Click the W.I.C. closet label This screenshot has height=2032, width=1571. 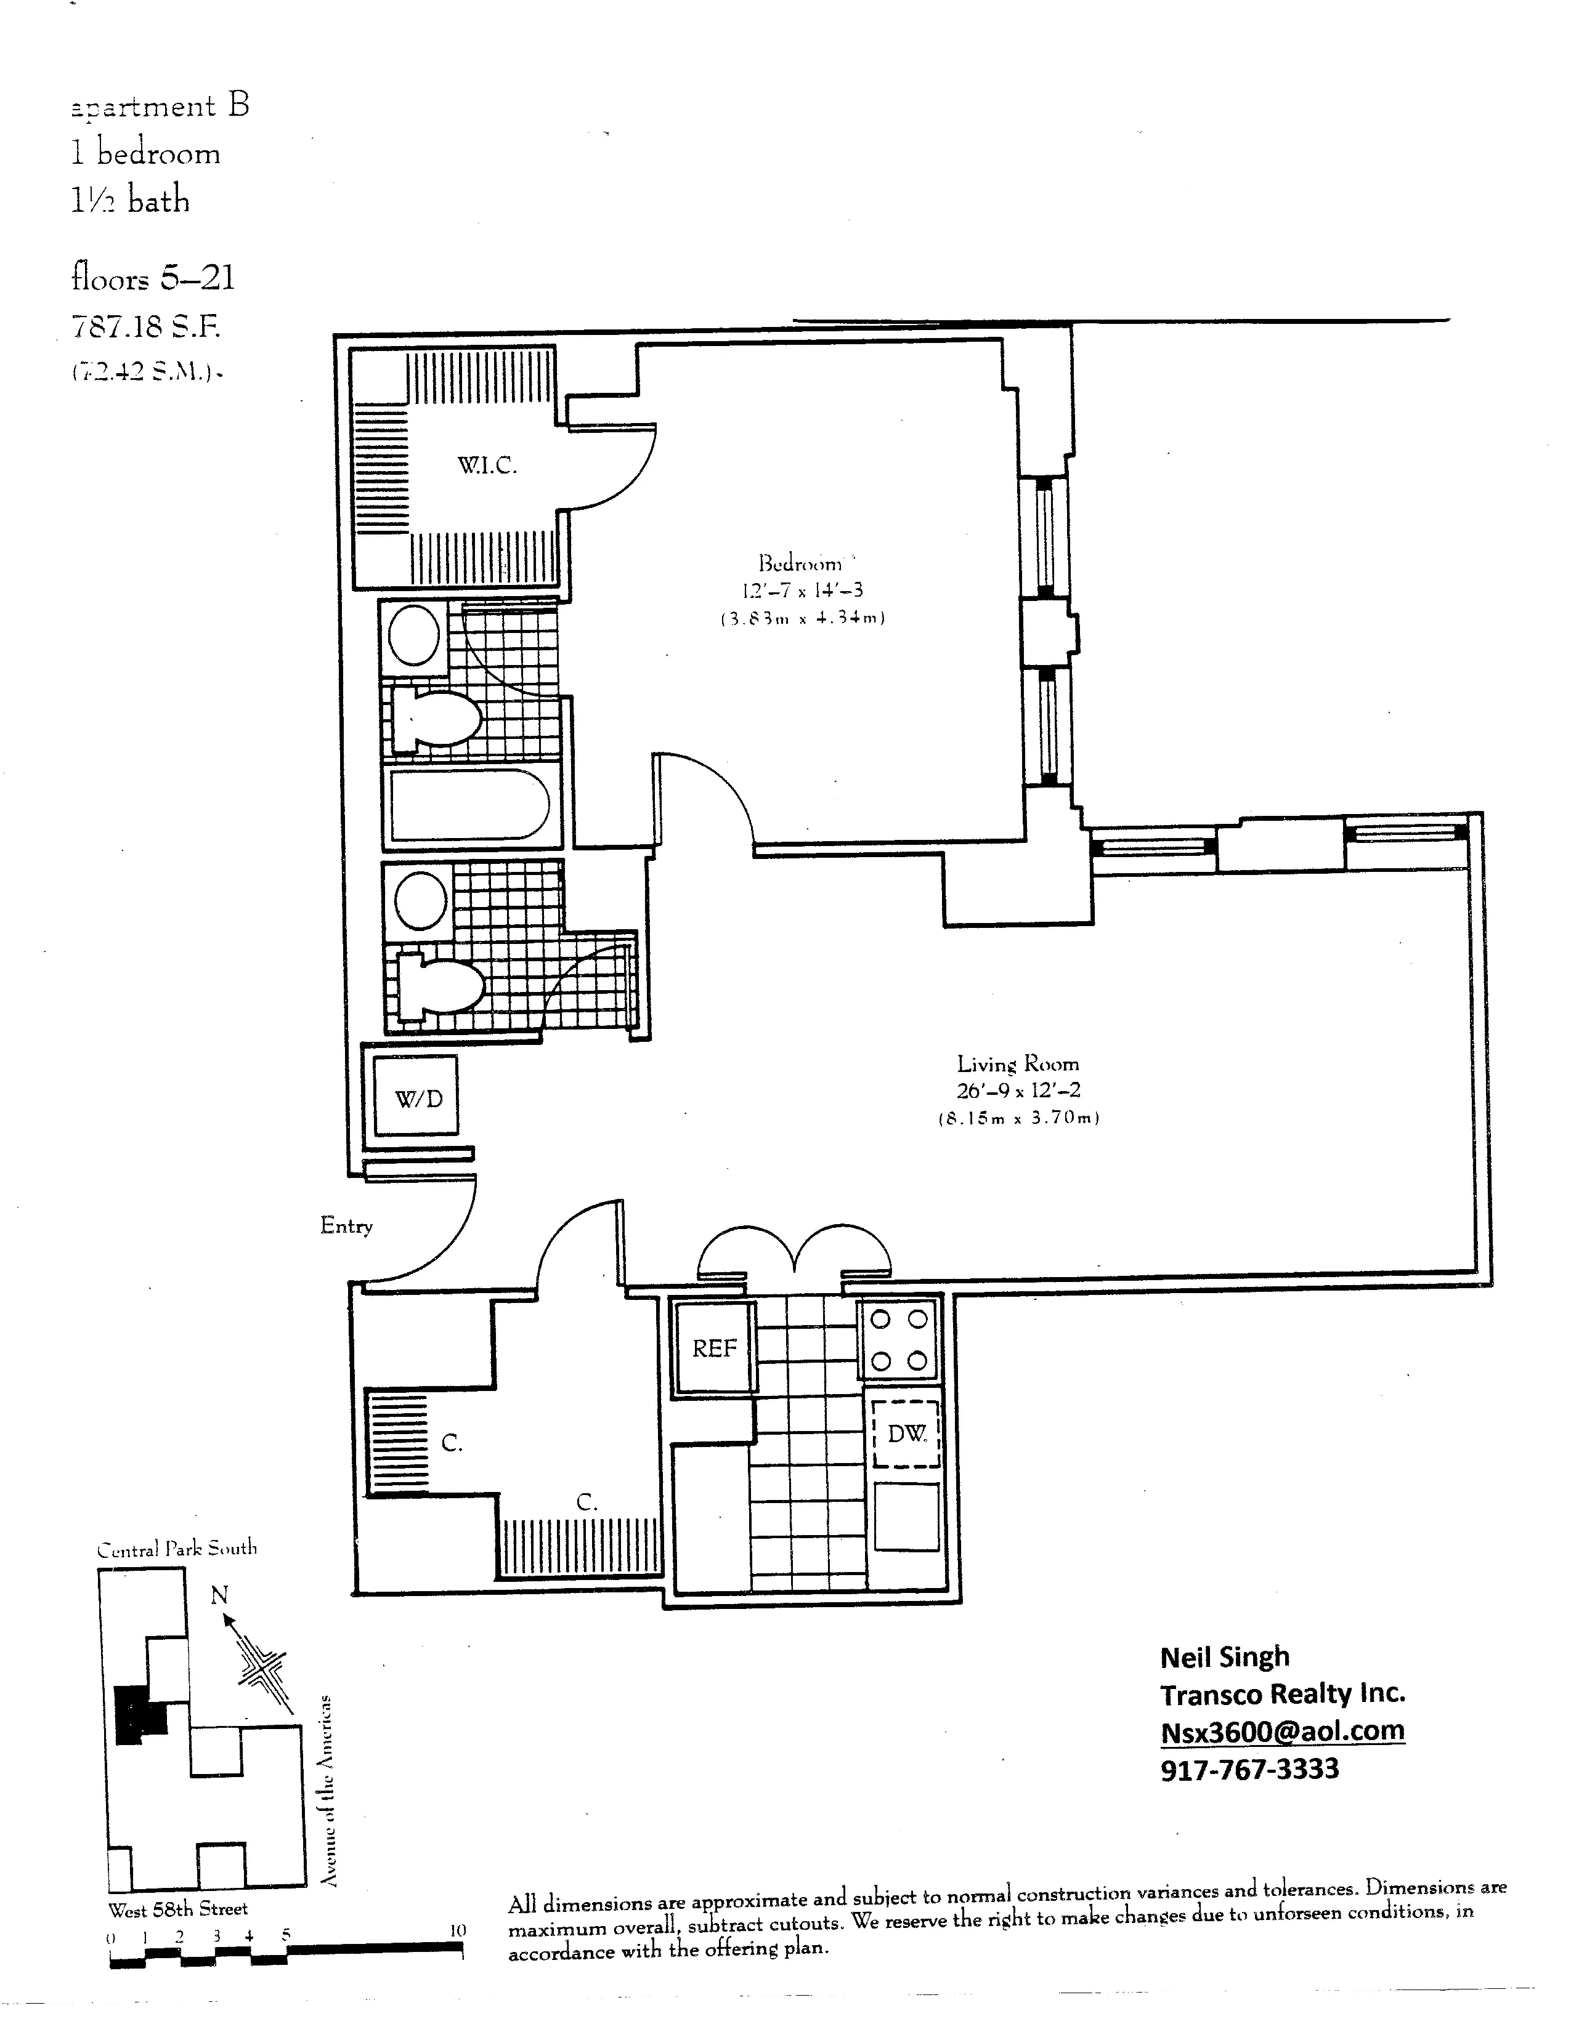click(x=487, y=465)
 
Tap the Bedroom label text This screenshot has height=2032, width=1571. click(x=800, y=563)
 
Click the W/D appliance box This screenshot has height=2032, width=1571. click(x=419, y=1099)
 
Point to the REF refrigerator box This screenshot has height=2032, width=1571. click(x=714, y=1348)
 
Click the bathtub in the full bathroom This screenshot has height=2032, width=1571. click(x=470, y=804)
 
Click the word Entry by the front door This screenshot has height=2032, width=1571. click(x=346, y=1225)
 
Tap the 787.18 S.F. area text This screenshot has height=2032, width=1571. click(x=146, y=326)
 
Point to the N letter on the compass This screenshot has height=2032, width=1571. click(x=219, y=1595)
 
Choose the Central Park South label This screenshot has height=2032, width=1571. click(x=177, y=1548)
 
